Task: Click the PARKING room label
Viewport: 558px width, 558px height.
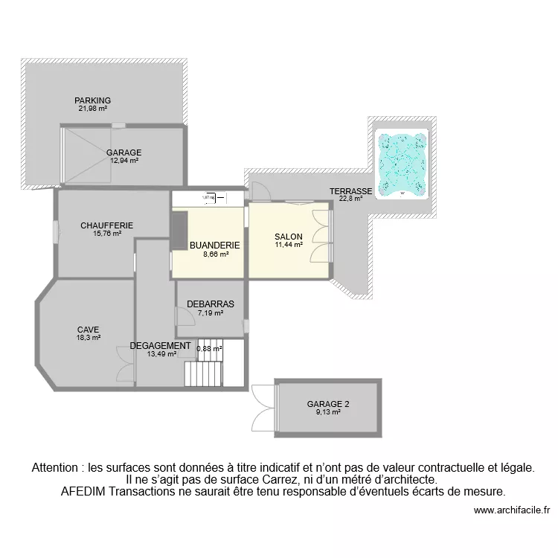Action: coord(93,100)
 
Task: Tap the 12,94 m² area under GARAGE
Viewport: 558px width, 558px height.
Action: coord(124,160)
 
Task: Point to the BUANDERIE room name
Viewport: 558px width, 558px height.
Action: coord(214,245)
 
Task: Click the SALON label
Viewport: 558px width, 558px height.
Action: coord(288,237)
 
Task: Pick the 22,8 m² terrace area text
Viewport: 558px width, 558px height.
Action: coord(350,199)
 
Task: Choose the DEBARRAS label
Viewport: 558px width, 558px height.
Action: coord(211,304)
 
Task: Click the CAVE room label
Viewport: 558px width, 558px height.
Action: coord(88,330)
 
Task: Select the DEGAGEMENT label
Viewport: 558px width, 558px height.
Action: coord(160,346)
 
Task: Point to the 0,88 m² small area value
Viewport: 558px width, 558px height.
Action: coord(209,348)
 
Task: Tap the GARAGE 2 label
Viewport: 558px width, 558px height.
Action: coord(328,405)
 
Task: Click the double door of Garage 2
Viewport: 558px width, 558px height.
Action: coord(262,405)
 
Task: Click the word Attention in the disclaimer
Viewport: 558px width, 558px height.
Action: coord(56,468)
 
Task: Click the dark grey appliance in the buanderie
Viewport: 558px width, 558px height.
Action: coord(179,231)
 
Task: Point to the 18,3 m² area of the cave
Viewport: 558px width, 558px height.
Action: coord(88,337)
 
